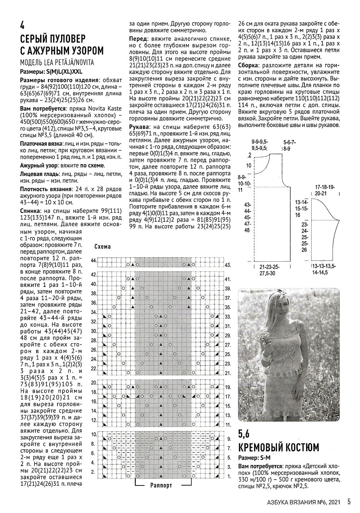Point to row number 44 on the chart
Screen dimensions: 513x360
94,260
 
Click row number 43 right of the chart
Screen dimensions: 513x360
227,265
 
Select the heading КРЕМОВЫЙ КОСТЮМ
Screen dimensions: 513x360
278,448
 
